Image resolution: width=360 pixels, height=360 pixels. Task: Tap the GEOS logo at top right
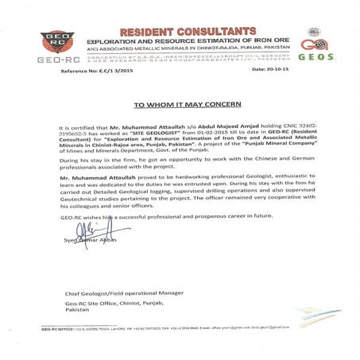pyautogui.click(x=315, y=45)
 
